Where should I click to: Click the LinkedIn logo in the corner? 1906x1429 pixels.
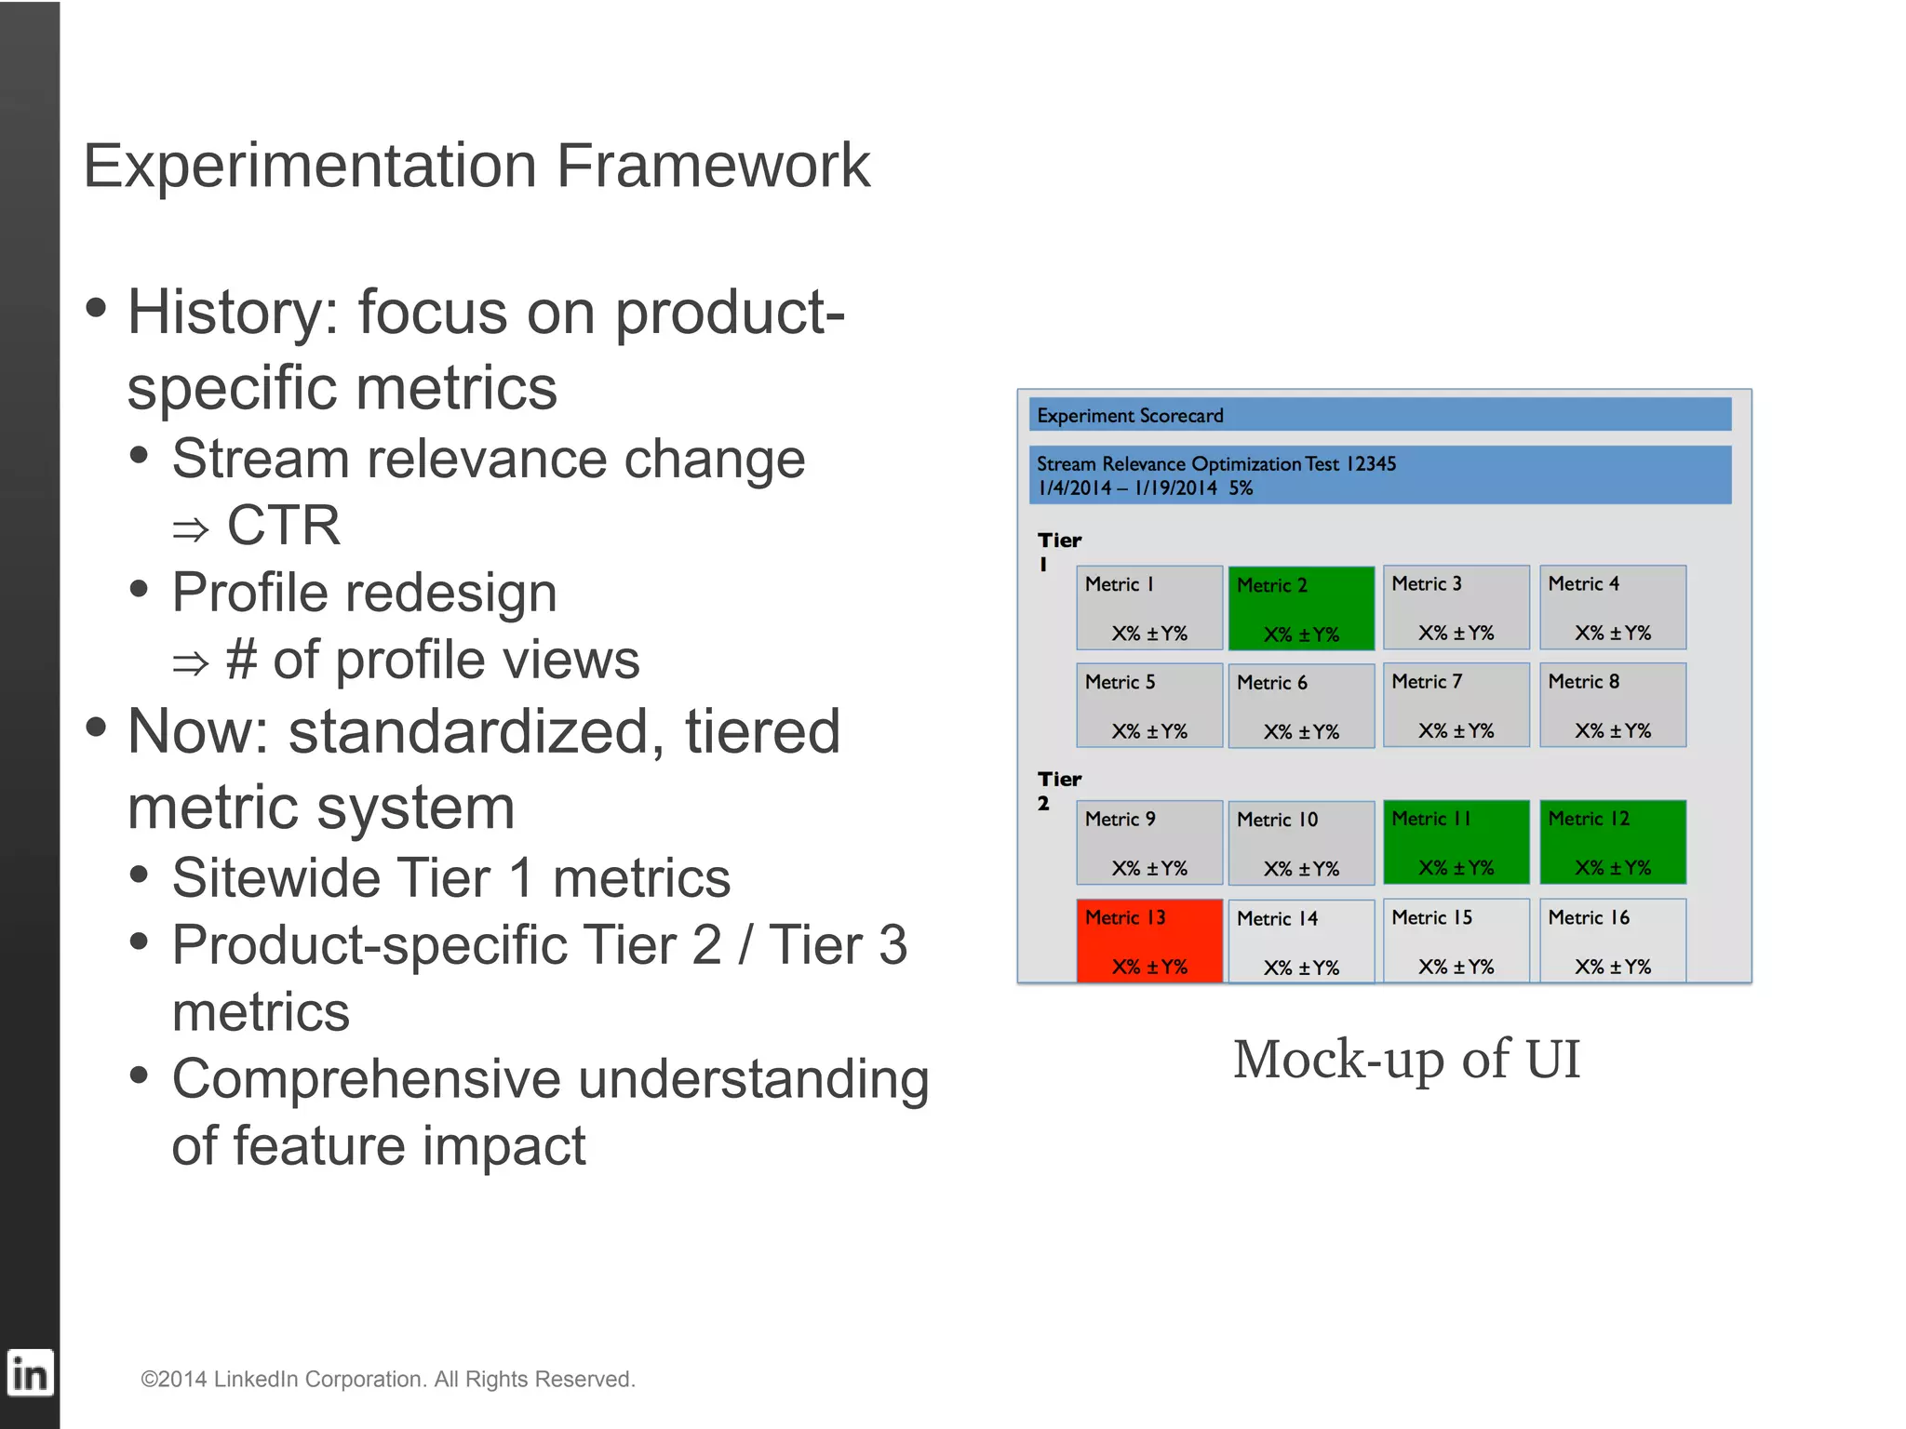[30, 1373]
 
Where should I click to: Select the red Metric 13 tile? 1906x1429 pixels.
[1149, 940]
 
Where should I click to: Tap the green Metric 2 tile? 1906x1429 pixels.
[1301, 608]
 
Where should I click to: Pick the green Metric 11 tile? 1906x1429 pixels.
[1456, 842]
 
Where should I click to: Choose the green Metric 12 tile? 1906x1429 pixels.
[1612, 842]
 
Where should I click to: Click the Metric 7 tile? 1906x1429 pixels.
[1456, 705]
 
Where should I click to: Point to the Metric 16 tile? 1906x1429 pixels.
[1612, 940]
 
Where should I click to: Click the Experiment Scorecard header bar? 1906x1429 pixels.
[1379, 415]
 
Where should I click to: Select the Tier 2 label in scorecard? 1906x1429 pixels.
[1058, 790]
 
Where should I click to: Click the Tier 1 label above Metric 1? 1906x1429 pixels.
[1058, 551]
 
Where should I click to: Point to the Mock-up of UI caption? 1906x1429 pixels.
[1405, 1059]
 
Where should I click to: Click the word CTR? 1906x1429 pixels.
[284, 526]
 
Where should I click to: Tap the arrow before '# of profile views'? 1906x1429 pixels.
[191, 663]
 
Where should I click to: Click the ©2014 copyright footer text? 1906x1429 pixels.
[387, 1379]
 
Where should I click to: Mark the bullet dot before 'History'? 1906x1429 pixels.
[96, 308]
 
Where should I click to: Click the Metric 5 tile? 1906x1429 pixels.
[1149, 705]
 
